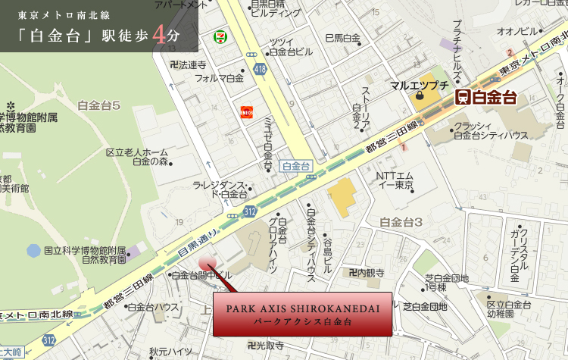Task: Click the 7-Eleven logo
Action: pos(219,36)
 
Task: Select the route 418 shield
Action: pos(261,70)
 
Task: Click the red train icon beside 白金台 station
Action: pos(461,96)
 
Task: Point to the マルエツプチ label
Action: pos(420,85)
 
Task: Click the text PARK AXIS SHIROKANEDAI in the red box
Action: pos(302,308)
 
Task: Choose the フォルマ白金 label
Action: pos(220,78)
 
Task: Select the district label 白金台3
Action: pos(401,222)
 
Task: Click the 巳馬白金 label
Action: pos(342,38)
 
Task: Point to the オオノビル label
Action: pos(517,31)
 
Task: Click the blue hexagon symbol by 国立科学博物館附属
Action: pos(33,249)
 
